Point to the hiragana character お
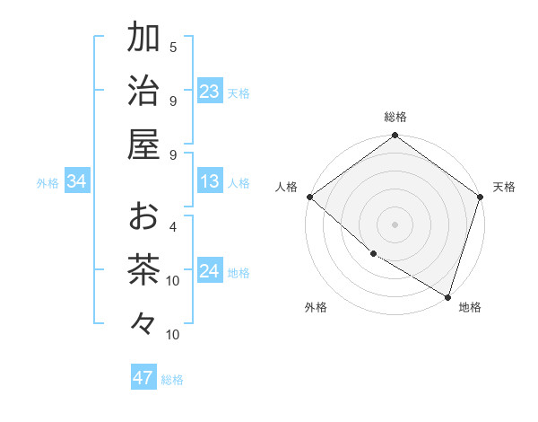(143, 215)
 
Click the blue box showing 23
(210, 92)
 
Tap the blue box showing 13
(210, 182)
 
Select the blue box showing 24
(210, 272)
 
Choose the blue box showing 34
(77, 182)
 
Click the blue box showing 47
(143, 378)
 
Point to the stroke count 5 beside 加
(173, 47)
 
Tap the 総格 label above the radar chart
(395, 117)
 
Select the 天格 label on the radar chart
(504, 187)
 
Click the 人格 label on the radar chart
(287, 187)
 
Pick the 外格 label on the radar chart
(316, 307)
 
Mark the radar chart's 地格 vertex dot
(447, 296)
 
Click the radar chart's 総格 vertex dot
(395, 136)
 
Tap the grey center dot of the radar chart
(395, 224)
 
